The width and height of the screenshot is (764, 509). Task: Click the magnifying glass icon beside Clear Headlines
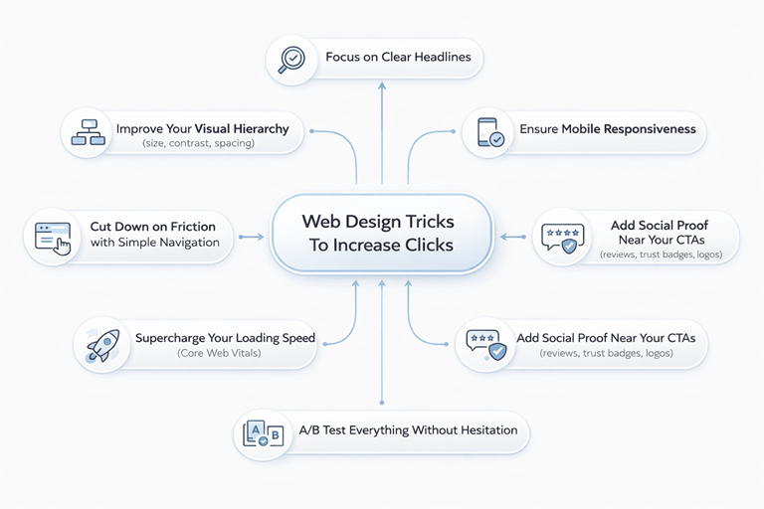click(290, 58)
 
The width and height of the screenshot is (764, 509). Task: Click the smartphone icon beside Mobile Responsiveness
click(489, 132)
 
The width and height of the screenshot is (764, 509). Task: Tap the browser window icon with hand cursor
click(52, 237)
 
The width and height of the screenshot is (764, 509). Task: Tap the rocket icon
click(103, 345)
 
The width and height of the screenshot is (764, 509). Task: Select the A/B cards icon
click(261, 432)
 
